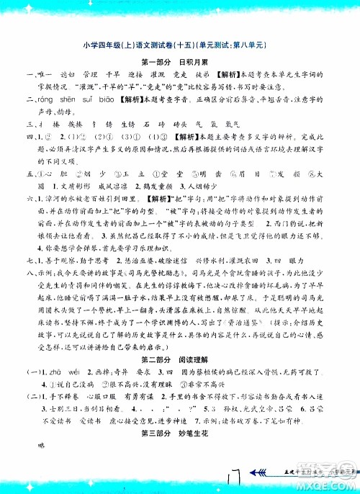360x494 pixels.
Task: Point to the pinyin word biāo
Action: pos(107,101)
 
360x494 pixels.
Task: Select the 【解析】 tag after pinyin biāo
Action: pos(131,101)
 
